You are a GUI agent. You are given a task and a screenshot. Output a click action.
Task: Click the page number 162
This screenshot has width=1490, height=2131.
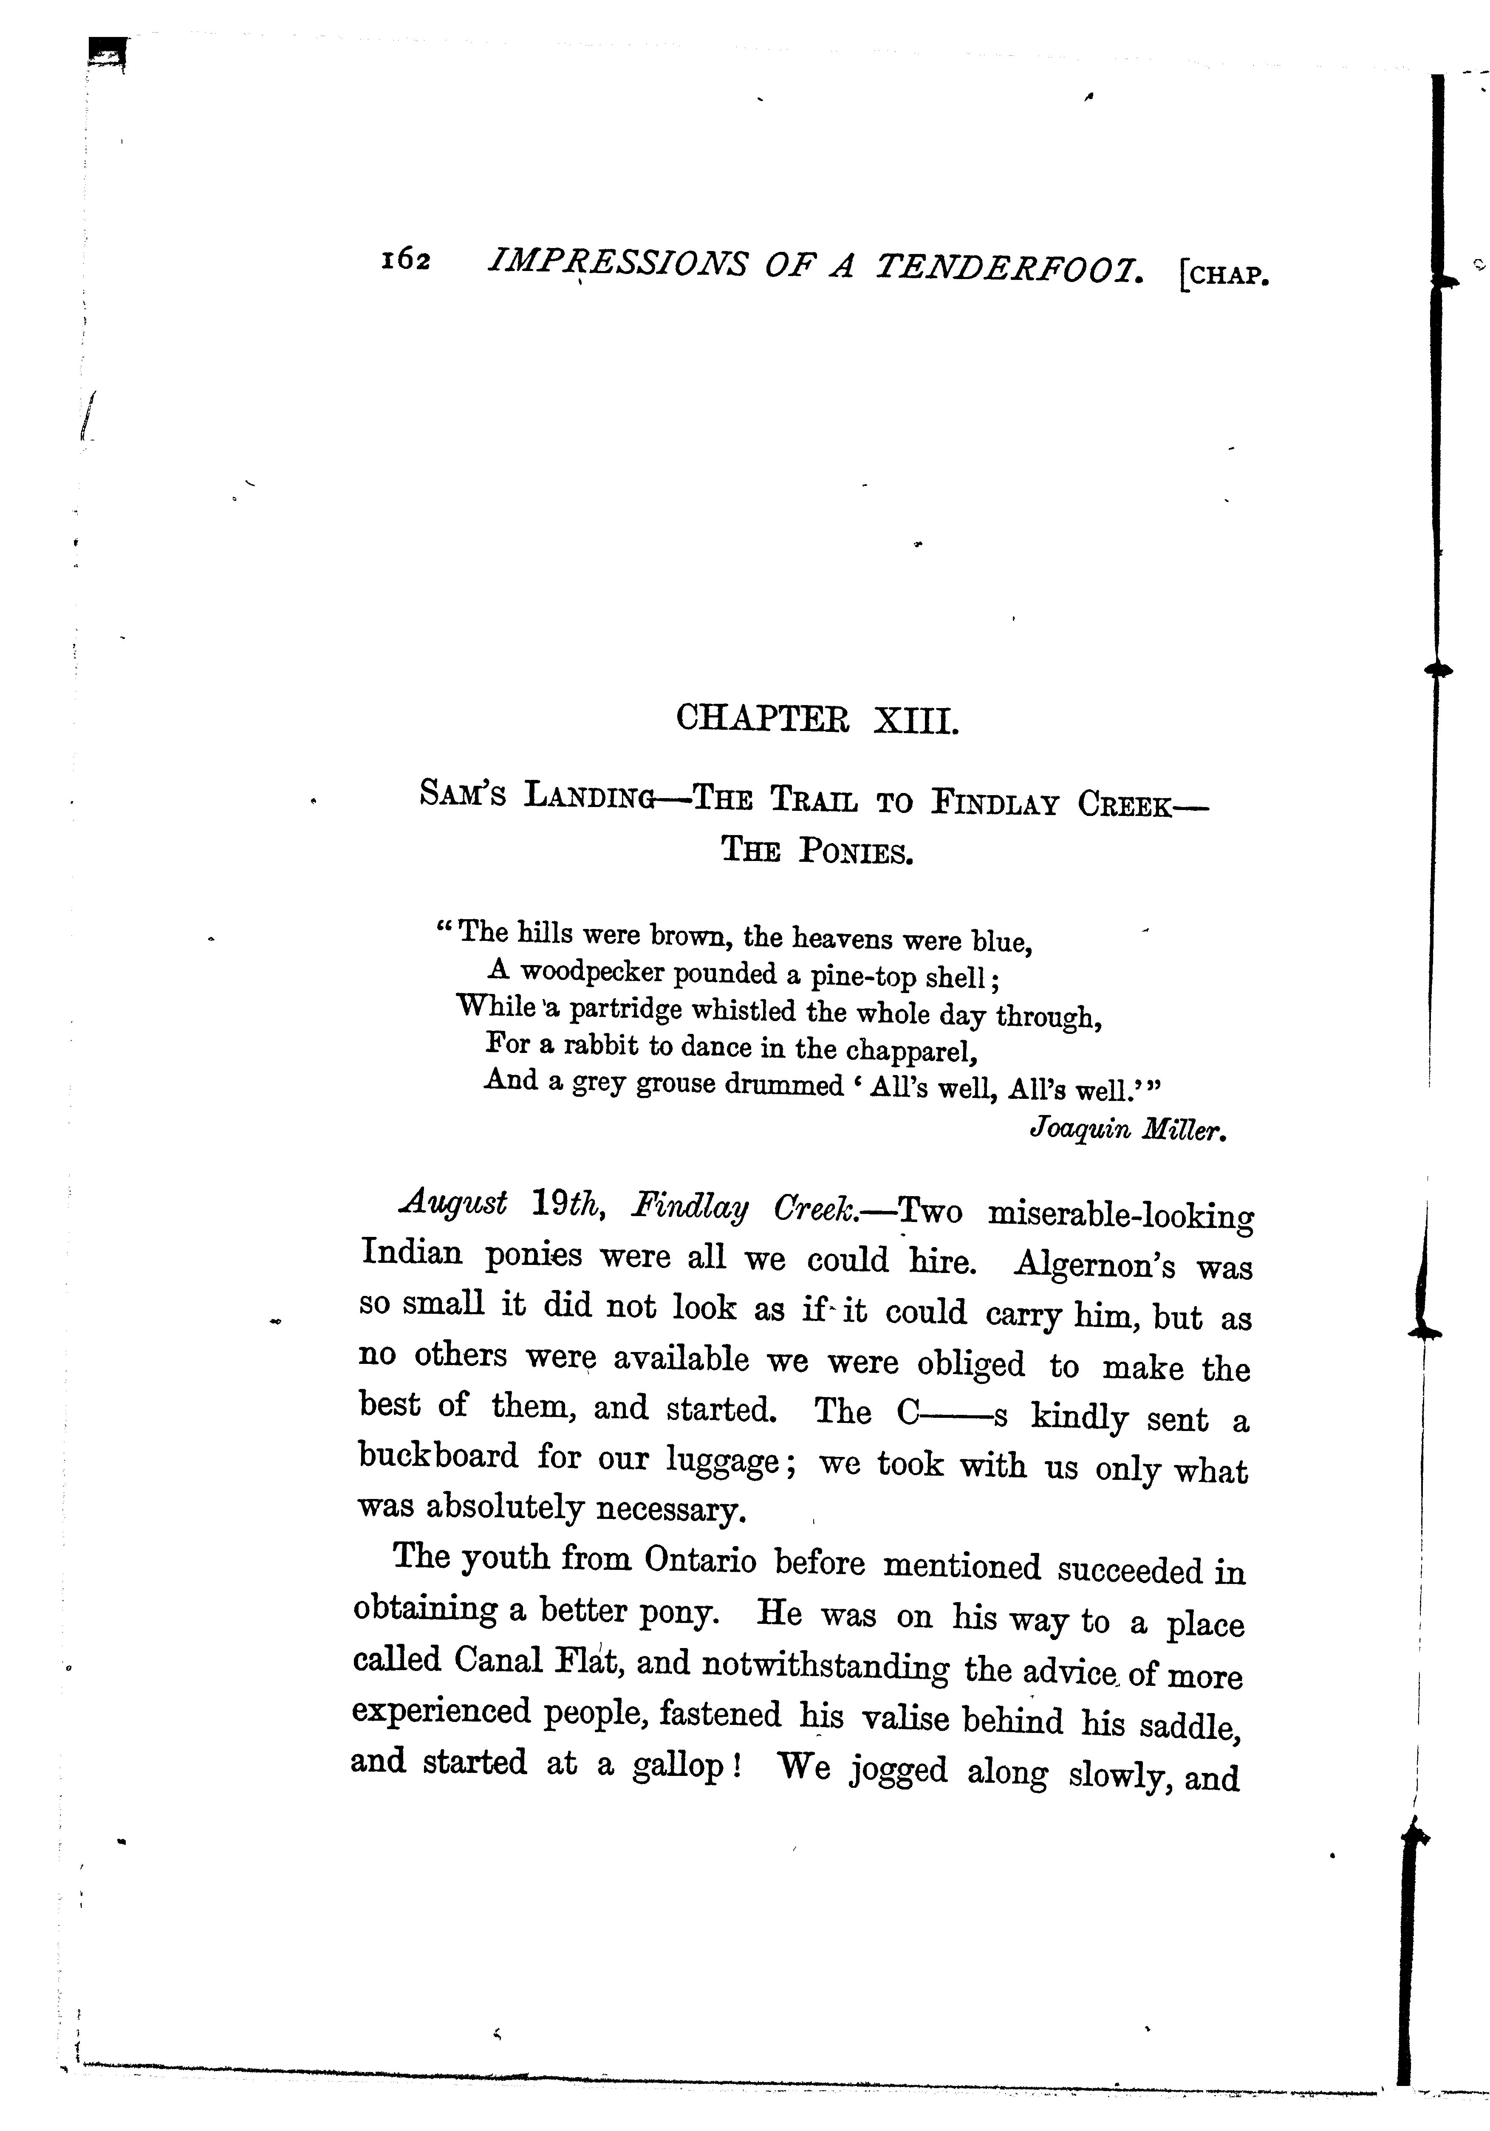pos(406,262)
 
